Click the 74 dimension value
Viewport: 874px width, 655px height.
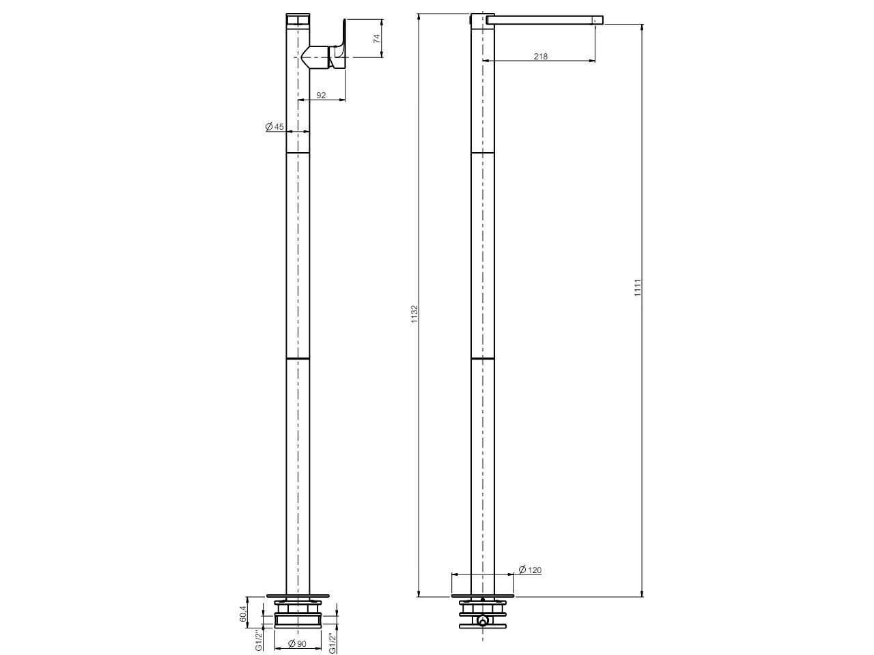[x=376, y=38]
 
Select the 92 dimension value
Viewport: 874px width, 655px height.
[x=321, y=96]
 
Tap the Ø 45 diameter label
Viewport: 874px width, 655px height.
[x=274, y=126]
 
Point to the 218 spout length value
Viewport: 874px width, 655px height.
[x=540, y=57]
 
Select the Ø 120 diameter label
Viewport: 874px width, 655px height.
[x=531, y=570]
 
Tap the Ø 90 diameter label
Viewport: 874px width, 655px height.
[x=296, y=643]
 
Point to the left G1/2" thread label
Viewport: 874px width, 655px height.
[x=259, y=641]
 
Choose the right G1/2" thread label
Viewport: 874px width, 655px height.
[x=331, y=641]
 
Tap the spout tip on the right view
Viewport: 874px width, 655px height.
[x=599, y=20]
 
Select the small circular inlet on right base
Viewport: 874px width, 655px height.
[x=483, y=622]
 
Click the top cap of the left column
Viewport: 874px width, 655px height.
[x=297, y=18]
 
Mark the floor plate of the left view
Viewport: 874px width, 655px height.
[x=297, y=593]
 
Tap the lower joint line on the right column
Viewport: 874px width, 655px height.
[x=483, y=358]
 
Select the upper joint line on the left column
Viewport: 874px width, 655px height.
[x=297, y=154]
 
